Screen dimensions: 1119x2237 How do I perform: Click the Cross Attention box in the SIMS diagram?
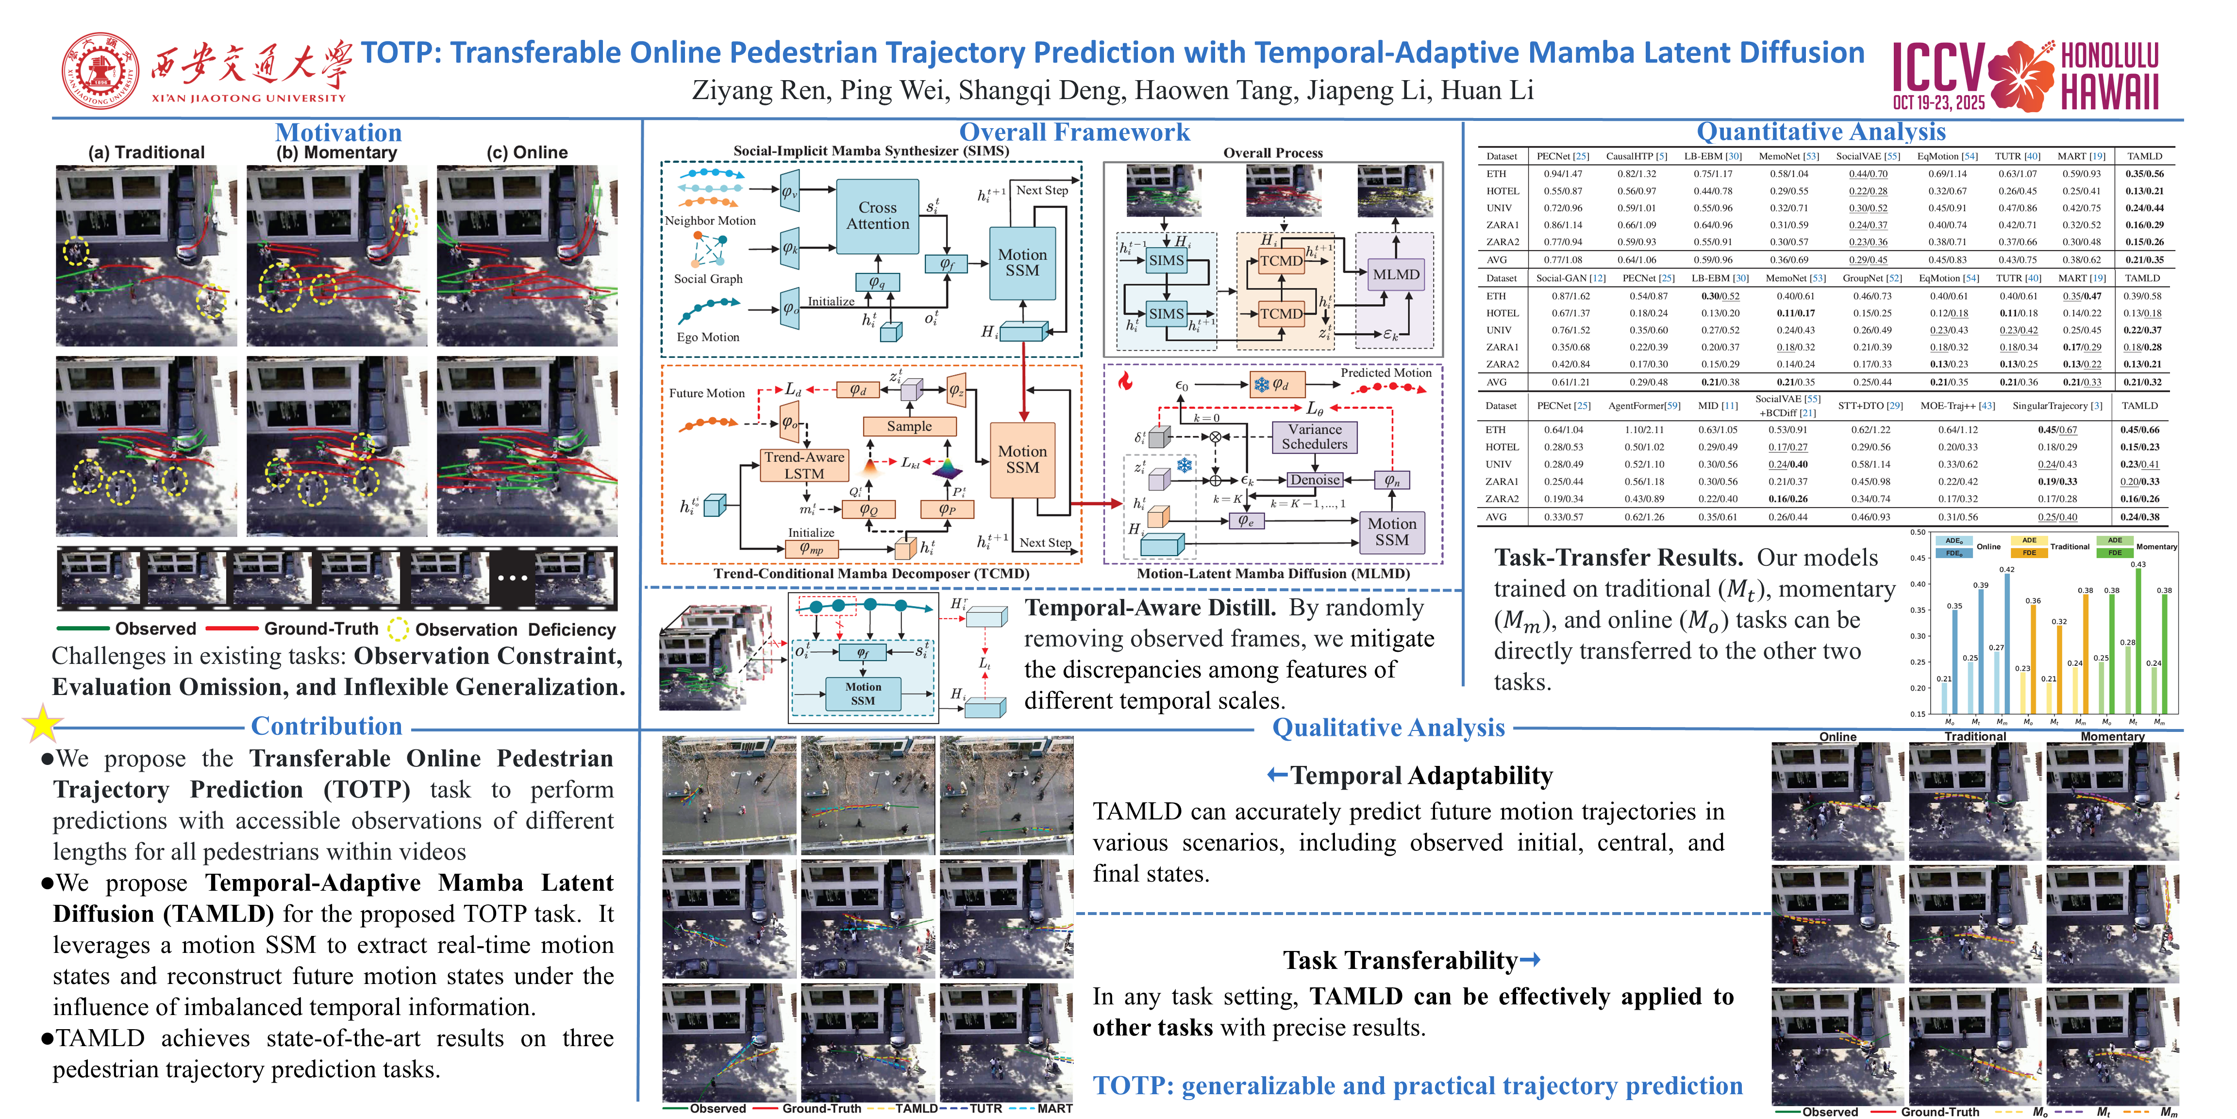877,216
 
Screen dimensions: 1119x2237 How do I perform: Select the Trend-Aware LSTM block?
804,465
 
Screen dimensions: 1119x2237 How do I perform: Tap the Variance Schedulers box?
1314,436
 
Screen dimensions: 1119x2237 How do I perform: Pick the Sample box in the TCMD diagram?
908,426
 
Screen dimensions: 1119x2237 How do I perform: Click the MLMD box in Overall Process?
1396,273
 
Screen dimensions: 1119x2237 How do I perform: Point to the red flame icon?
1125,381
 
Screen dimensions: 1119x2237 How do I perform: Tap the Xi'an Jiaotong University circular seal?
100,71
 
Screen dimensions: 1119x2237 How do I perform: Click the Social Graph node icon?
708,250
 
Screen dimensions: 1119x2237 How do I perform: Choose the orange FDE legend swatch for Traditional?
2029,553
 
